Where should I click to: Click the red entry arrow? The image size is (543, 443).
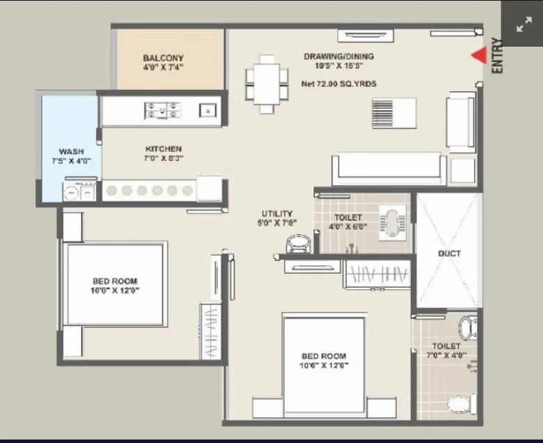(x=478, y=56)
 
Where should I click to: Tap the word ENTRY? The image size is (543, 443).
(x=496, y=56)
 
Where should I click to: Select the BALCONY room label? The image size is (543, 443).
(x=163, y=58)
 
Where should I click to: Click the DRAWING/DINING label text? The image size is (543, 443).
(x=339, y=56)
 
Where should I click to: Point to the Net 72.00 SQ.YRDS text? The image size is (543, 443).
(x=339, y=84)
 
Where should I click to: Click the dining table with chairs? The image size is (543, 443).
(x=267, y=83)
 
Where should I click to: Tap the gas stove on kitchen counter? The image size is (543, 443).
(x=163, y=110)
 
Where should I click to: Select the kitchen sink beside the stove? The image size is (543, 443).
(x=206, y=110)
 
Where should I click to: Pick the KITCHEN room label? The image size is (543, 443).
(x=163, y=148)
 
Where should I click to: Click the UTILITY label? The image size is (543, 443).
(x=277, y=213)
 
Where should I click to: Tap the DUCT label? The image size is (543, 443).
(x=448, y=254)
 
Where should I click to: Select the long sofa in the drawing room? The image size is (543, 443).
(x=389, y=169)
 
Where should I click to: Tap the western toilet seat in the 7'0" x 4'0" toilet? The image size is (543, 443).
(x=458, y=403)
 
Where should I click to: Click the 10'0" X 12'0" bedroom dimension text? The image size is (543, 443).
(x=115, y=290)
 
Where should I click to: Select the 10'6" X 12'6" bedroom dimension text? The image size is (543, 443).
(x=323, y=364)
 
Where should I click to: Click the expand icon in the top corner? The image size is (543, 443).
(x=522, y=25)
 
